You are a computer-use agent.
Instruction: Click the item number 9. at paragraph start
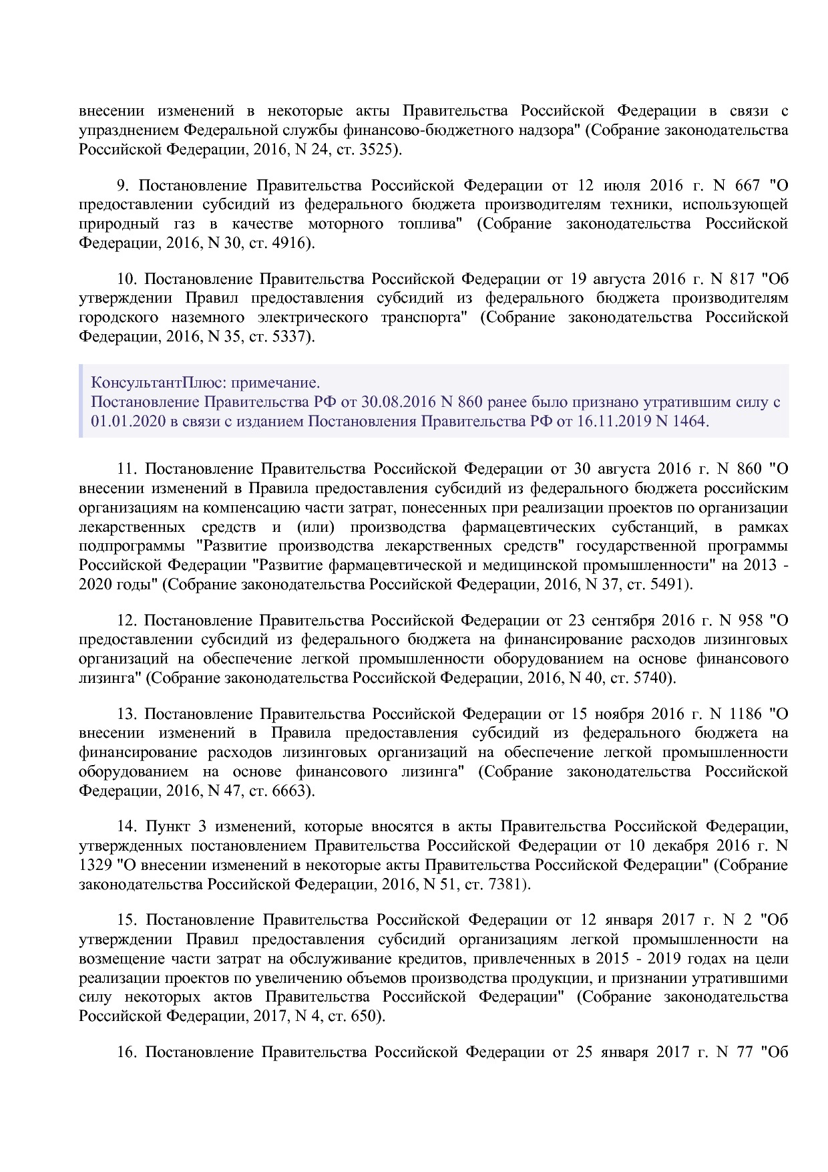click(x=123, y=185)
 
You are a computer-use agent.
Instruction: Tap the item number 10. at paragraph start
click(x=126, y=279)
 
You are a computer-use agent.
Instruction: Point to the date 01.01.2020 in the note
click(x=124, y=422)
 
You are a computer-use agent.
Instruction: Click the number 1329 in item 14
click(x=95, y=865)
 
